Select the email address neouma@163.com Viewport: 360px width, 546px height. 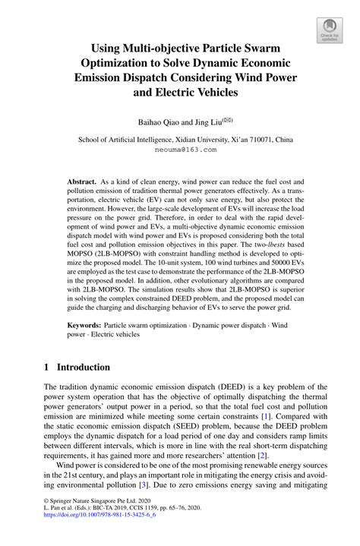pos(180,150)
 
